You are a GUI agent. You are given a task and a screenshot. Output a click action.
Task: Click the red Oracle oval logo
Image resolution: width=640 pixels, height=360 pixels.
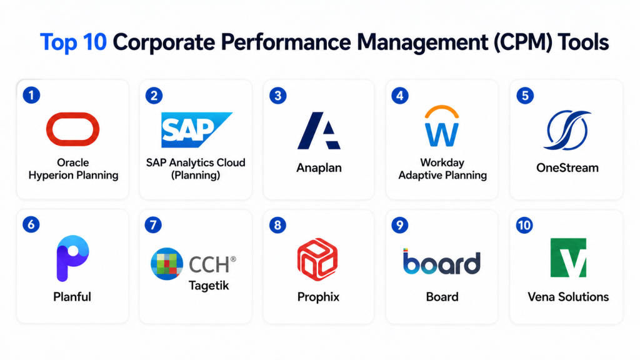72,129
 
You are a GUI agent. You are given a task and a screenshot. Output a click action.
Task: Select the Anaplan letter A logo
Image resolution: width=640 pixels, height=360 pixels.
319,132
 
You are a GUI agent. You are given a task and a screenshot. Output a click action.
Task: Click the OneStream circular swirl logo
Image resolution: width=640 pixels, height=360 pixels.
565,131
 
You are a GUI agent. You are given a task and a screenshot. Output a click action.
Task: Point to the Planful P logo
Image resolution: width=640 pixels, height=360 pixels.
71,259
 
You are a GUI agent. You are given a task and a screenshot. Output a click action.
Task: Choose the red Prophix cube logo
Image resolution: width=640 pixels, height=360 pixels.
317,258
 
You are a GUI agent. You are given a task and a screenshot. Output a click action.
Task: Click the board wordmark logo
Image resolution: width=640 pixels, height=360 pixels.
441,262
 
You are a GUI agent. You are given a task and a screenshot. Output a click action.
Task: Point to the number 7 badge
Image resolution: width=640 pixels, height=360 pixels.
153,225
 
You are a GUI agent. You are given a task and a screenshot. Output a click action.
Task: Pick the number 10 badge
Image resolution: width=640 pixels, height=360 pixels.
524,225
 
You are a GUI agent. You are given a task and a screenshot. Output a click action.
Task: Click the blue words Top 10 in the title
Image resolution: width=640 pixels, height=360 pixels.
74,42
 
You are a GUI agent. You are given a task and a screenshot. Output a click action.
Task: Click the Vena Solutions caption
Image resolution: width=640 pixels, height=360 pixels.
568,297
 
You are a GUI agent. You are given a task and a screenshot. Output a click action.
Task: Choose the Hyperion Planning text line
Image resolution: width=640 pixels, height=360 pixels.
73,176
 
